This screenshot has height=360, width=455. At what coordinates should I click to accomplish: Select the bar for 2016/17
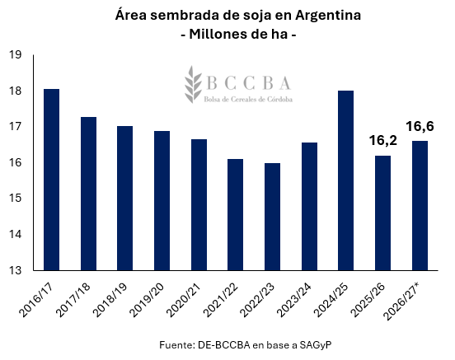51,180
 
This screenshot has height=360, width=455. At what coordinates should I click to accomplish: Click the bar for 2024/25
346,180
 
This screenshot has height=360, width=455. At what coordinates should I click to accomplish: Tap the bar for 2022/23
272,217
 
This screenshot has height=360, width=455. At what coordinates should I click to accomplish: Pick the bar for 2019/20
162,201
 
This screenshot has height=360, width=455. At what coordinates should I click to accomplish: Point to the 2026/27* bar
420,206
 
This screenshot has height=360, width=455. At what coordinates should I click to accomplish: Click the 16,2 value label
383,141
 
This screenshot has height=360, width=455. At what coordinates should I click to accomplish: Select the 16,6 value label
420,127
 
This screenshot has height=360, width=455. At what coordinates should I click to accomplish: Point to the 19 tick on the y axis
15,54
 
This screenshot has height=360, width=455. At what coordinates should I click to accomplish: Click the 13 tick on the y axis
15,270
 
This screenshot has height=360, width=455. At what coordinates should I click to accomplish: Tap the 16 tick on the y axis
15,162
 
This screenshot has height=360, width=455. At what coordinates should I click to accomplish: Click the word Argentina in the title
328,16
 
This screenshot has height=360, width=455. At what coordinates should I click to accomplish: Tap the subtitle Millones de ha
238,35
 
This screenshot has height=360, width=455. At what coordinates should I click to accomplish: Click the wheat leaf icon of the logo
193,84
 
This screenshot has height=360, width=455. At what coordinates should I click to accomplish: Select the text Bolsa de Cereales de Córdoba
248,100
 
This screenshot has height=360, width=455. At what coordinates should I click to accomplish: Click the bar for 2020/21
199,205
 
